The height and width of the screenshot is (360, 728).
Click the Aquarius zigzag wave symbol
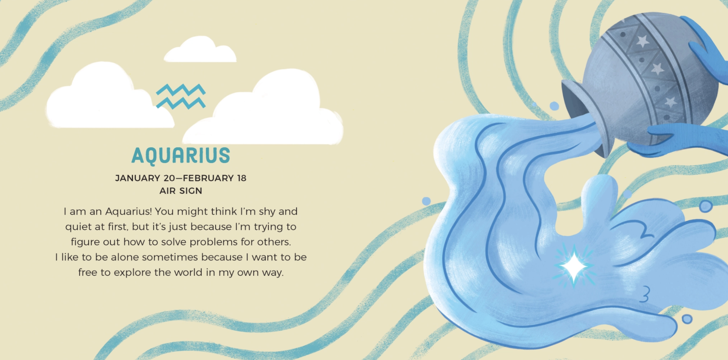coord(181,97)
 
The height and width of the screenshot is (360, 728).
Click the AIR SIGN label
coord(181,191)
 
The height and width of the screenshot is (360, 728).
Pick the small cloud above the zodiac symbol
coord(200,49)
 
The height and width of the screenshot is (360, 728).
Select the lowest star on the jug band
coord(671,102)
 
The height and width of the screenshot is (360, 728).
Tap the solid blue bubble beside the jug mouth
coord(554,106)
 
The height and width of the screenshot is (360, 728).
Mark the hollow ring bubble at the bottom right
coord(687,319)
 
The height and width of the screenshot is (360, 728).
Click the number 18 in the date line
coord(241,178)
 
